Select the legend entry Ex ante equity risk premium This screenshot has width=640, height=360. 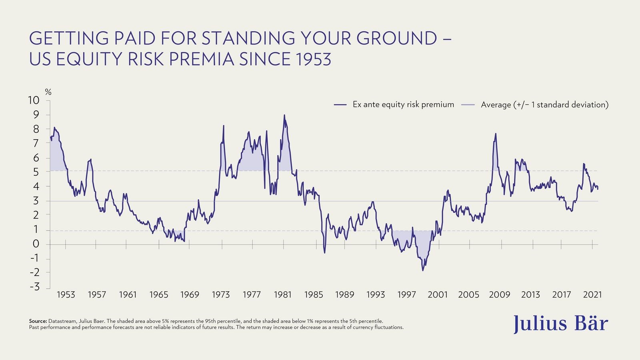(403, 105)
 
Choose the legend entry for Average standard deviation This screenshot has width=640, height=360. (544, 105)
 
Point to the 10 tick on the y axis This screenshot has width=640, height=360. (34, 100)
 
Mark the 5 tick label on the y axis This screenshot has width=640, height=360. (36, 172)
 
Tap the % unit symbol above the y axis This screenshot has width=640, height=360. (48, 92)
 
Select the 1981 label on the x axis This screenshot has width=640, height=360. (282, 295)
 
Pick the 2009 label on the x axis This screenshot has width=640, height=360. (500, 295)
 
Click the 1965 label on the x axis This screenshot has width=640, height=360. (159, 295)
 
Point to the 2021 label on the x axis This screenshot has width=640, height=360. (592, 295)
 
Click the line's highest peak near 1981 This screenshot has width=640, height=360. (284, 115)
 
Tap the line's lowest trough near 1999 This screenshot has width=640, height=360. (423, 270)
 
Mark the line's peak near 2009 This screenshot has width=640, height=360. (496, 134)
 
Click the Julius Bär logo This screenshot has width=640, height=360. (560, 323)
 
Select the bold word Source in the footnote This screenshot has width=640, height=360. (38, 321)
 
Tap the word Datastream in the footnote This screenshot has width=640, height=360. (62, 321)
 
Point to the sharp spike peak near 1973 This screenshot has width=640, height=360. (224, 126)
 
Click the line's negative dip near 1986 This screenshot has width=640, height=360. (324, 252)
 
